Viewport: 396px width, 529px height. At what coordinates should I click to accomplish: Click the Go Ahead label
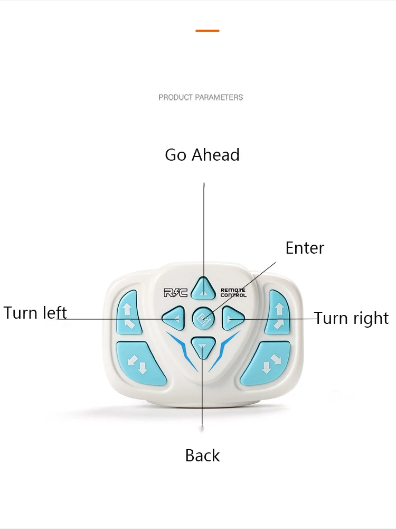202,155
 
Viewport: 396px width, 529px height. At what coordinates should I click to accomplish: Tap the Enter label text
305,248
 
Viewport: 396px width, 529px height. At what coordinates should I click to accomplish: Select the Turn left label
35,312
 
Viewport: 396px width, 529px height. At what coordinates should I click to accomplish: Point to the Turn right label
351,318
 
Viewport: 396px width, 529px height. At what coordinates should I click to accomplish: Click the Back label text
202,456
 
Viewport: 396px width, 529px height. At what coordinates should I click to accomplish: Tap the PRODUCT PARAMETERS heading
201,97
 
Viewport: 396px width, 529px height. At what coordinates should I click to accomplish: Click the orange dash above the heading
207,31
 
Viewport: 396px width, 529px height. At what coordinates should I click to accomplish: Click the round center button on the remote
203,318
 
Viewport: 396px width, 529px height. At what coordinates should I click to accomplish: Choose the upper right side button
278,312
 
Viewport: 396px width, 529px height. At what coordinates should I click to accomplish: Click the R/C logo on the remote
175,292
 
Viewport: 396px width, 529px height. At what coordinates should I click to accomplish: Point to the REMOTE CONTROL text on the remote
233,292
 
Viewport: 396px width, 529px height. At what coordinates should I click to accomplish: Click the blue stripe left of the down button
182,349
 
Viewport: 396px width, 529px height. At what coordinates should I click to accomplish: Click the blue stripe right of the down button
224,349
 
